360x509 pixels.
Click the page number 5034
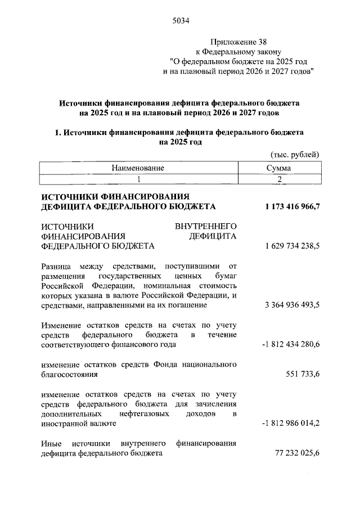[x=180, y=22]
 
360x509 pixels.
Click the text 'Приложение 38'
[x=235, y=42]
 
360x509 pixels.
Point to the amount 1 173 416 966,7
[x=292, y=206]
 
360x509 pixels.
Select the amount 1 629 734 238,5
[x=292, y=246]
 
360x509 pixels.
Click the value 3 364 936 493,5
[x=292, y=305]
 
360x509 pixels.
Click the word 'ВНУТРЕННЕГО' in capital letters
[x=205, y=226]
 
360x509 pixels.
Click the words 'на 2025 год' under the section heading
[x=180, y=142]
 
